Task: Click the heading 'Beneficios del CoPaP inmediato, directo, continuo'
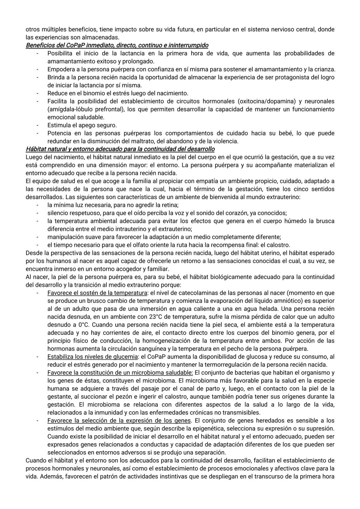(117, 45)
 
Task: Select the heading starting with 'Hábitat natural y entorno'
(120, 149)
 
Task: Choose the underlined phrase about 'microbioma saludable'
(120, 373)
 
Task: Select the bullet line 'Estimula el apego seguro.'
(82, 125)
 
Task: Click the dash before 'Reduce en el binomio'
(38, 93)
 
